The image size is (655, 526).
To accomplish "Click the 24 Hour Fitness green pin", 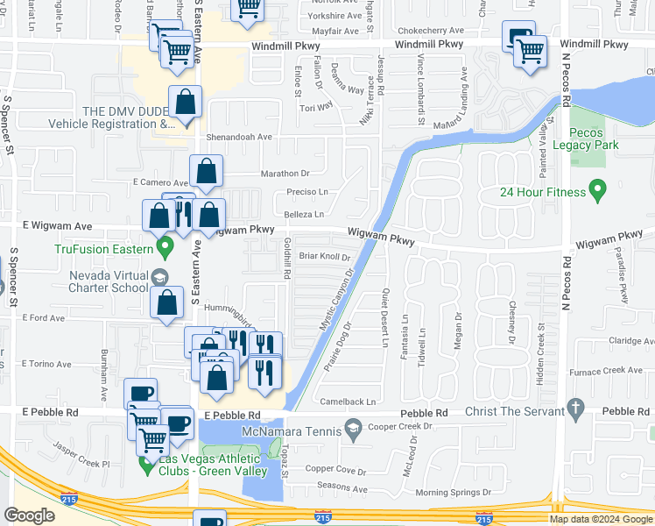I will point(598,188).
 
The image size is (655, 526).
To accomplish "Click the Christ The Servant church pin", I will point(574,407).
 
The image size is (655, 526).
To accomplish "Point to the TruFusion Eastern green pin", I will point(164,248).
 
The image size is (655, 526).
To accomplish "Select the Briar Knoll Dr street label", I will point(324,257).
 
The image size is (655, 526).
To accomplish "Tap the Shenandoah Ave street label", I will point(239,137).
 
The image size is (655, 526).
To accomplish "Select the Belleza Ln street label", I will point(304,214).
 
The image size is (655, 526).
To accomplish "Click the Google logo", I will point(29,515).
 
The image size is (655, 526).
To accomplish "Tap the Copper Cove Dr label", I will point(338,470).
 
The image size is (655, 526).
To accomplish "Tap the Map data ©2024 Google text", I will point(601,519).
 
